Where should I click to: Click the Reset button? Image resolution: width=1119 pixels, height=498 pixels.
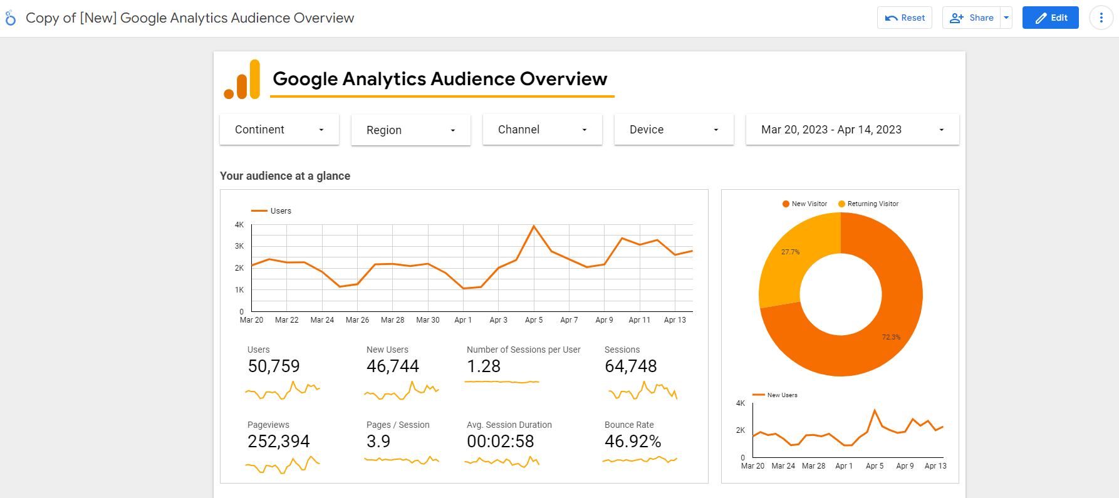(905, 18)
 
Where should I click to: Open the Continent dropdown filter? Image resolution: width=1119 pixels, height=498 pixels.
(279, 130)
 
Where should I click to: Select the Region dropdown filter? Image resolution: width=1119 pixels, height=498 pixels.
(411, 130)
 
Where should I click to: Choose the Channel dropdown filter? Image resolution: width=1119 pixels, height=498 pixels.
(543, 130)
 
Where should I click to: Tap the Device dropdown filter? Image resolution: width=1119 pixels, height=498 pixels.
(674, 130)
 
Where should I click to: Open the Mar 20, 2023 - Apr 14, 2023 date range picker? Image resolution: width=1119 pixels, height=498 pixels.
(853, 130)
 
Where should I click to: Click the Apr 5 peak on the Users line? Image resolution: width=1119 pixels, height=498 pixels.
(534, 226)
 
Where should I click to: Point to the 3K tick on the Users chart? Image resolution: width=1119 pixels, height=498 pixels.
(239, 246)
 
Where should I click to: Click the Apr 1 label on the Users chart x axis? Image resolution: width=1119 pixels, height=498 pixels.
(463, 320)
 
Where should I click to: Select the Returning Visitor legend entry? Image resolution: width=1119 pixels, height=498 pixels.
(868, 204)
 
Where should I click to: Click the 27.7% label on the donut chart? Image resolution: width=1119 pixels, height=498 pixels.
(790, 252)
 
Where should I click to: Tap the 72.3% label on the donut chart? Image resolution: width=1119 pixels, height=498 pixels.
(891, 337)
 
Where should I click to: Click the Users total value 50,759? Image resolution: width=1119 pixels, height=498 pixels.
(274, 366)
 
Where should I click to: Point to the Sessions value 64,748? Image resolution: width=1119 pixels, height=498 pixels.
(631, 366)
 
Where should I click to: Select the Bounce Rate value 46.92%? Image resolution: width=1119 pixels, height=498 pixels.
(633, 442)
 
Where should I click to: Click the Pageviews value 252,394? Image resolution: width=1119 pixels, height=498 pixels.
(279, 442)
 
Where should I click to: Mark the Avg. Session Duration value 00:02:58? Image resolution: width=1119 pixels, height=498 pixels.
(501, 442)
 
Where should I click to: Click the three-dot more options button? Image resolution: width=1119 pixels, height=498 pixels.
(1101, 18)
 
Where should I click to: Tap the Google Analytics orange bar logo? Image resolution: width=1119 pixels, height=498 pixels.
(242, 80)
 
